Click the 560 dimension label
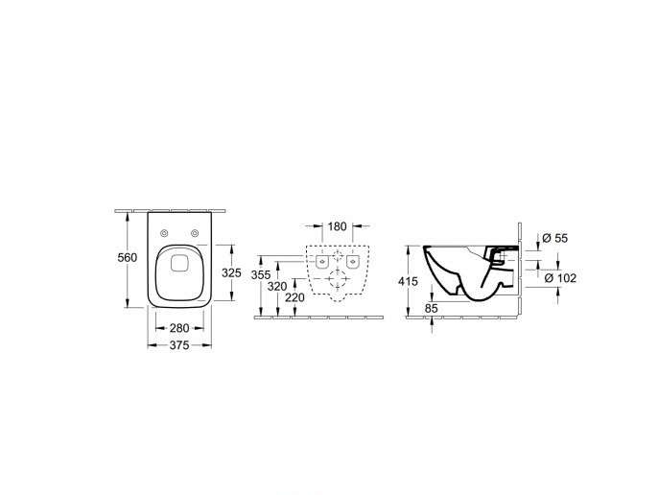(128, 257)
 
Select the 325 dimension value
(231, 273)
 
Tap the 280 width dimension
(179, 327)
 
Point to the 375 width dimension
(179, 345)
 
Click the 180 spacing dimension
(337, 226)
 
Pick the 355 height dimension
(261, 275)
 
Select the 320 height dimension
(277, 287)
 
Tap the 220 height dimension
(295, 297)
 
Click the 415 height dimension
(408, 281)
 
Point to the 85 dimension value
(432, 309)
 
